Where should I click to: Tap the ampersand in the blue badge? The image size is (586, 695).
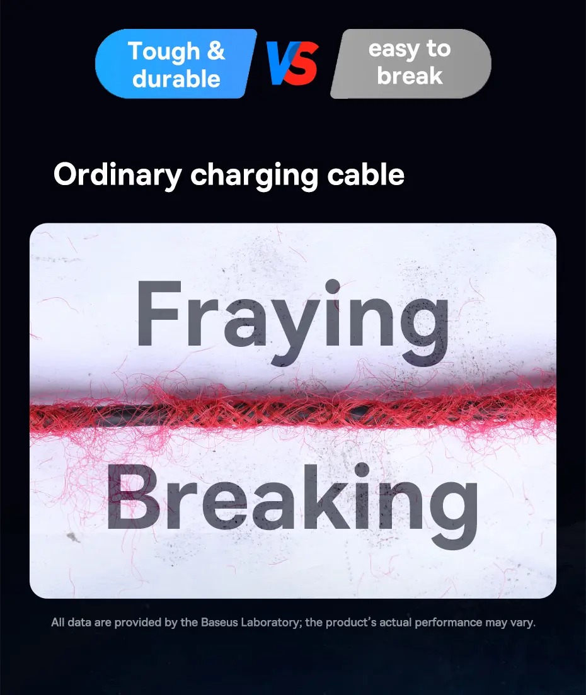(215, 50)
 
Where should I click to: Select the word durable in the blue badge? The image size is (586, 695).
(176, 79)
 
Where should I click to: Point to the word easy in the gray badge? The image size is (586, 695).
(394, 50)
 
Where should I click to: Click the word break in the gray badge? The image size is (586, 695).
(410, 76)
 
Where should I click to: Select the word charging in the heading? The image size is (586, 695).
(254, 176)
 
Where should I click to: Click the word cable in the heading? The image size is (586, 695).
(365, 174)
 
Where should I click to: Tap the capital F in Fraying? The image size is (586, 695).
(159, 314)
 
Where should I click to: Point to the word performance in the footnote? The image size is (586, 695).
(449, 623)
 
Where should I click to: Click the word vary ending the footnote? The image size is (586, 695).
(523, 623)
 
